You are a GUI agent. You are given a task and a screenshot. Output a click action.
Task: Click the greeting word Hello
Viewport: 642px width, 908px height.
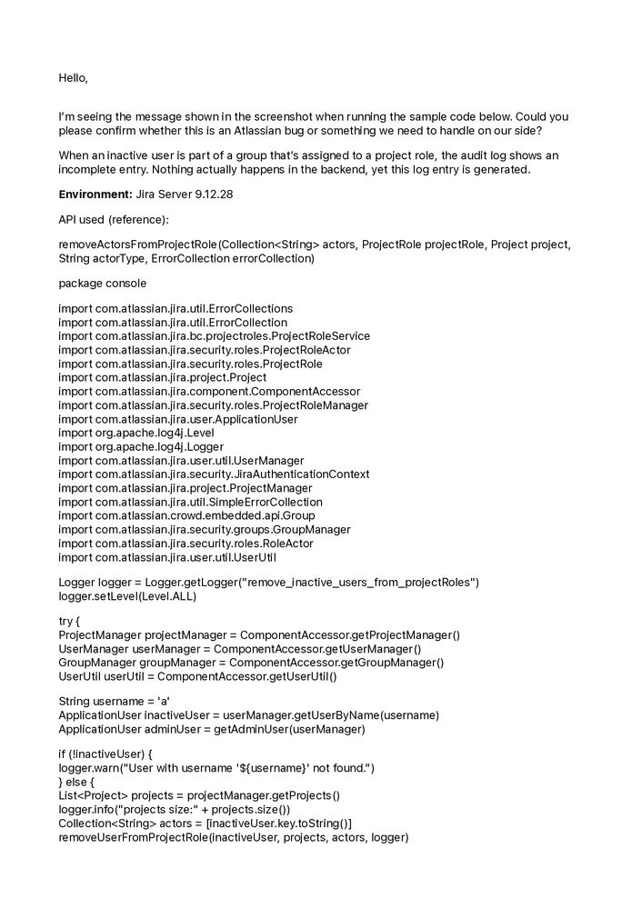(x=73, y=78)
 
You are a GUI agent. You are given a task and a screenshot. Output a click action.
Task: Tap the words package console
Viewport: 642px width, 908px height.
(x=102, y=284)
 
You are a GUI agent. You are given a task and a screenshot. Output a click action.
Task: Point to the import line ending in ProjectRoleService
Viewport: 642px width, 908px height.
(x=214, y=336)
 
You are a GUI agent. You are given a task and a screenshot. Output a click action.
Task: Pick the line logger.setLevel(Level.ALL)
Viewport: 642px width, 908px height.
(x=127, y=597)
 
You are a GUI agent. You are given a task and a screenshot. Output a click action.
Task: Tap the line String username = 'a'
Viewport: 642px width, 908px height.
(x=114, y=701)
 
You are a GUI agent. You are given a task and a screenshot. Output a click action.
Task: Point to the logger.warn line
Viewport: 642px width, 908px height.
(x=216, y=768)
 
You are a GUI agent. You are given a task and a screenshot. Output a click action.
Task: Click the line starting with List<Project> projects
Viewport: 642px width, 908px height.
(x=198, y=795)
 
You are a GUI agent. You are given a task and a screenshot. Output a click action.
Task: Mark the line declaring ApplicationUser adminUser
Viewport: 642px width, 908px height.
(x=211, y=729)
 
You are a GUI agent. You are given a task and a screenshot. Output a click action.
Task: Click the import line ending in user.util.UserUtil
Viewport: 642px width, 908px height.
(x=167, y=557)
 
